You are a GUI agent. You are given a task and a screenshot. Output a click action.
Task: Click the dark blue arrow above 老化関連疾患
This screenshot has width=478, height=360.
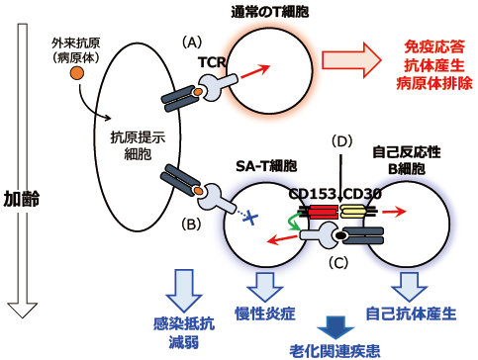pyautogui.click(x=337, y=323)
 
